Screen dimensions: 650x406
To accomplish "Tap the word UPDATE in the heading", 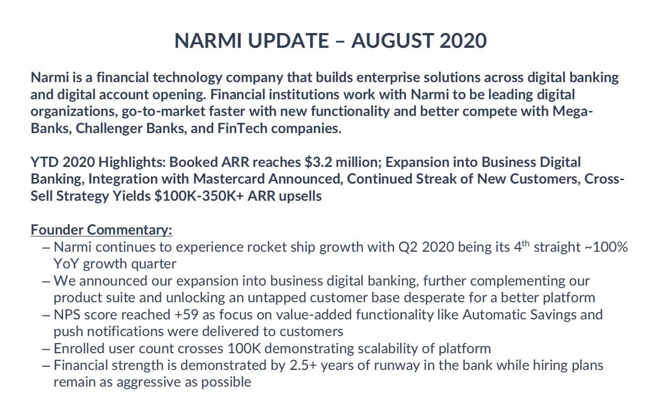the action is click(x=288, y=41).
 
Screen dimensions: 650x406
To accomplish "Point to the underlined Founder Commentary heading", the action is click(x=101, y=230).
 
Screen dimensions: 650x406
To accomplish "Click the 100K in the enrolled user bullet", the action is click(x=244, y=349).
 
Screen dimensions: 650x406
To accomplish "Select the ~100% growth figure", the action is click(x=610, y=247).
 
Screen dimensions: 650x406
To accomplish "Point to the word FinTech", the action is click(x=242, y=129).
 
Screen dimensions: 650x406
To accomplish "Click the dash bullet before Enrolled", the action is click(x=46, y=349).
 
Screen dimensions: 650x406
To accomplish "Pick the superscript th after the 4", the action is click(x=525, y=244).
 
